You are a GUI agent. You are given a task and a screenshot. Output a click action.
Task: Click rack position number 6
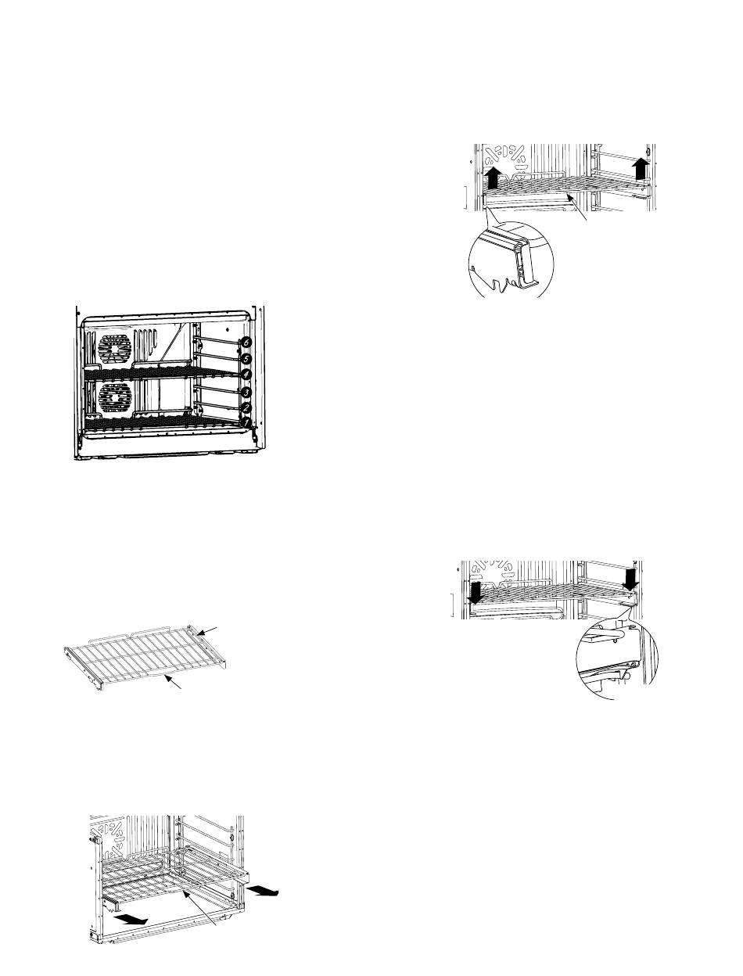click(x=247, y=342)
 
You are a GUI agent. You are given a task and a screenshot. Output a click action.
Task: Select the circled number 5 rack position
click(x=247, y=359)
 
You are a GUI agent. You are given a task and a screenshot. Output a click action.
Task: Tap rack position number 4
click(x=247, y=375)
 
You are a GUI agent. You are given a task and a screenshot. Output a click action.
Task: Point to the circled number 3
click(x=247, y=392)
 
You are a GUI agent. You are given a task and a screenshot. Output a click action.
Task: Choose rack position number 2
click(x=247, y=407)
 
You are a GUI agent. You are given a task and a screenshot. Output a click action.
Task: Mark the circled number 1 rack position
click(x=247, y=422)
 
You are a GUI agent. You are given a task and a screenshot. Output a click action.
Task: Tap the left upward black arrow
click(x=494, y=177)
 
